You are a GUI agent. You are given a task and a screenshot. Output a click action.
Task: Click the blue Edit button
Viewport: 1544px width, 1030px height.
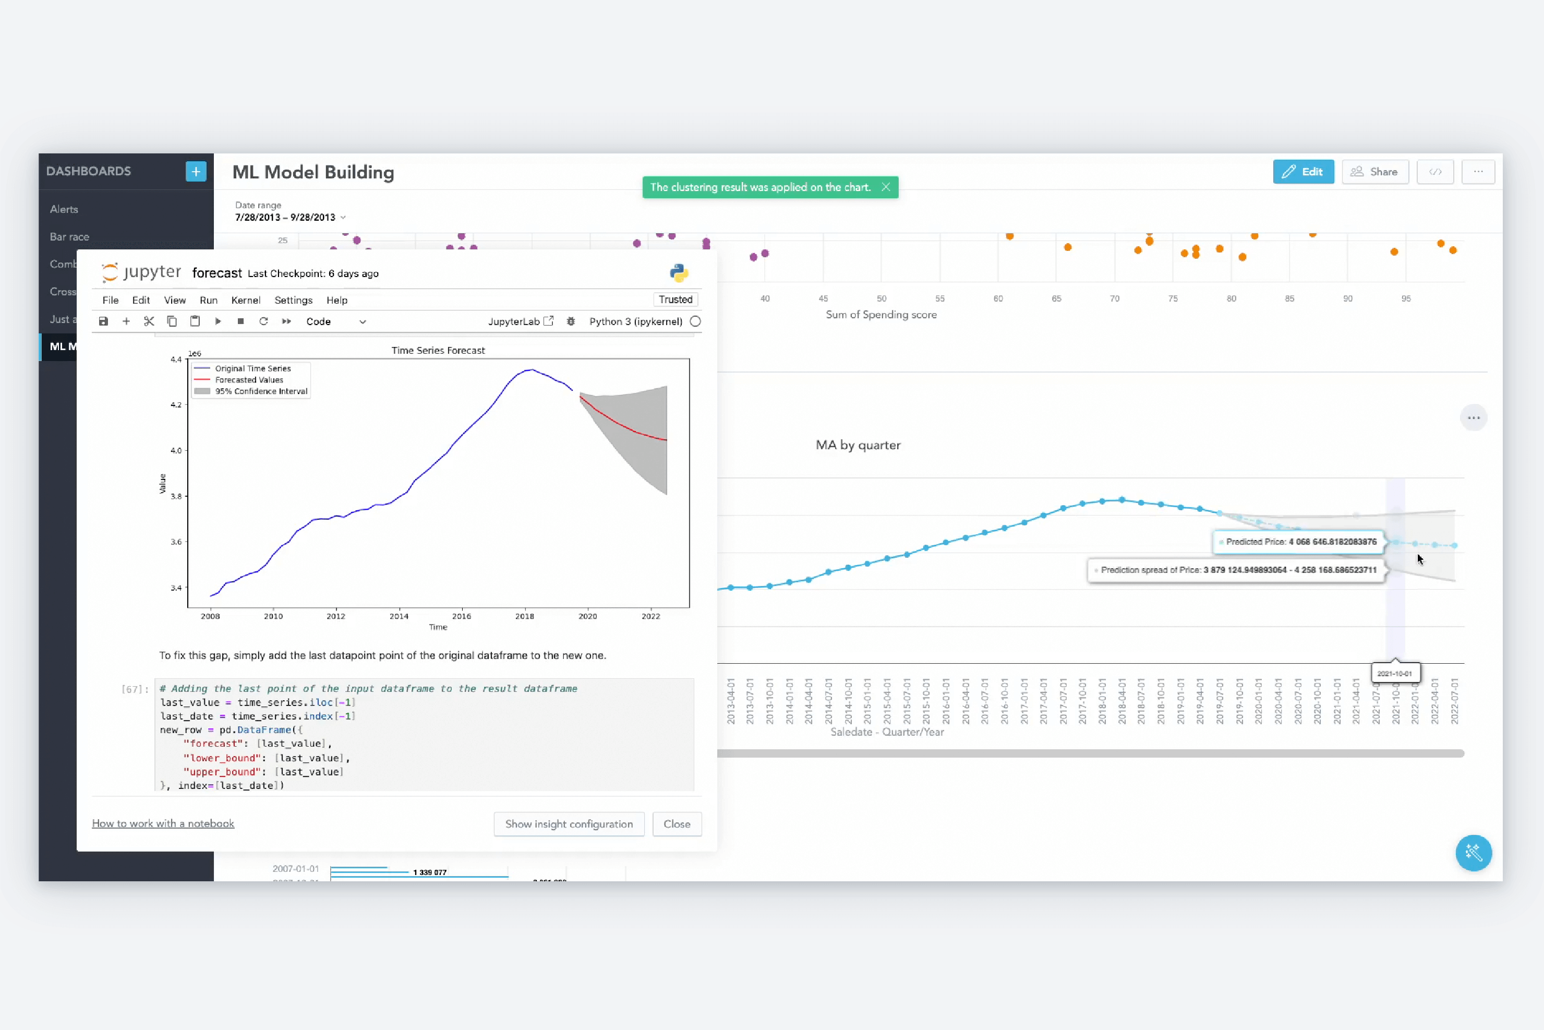[1303, 172]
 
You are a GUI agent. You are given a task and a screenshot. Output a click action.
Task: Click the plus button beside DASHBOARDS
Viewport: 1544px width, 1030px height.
[196, 172]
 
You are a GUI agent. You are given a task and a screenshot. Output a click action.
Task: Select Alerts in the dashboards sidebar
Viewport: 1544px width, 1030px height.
[64, 209]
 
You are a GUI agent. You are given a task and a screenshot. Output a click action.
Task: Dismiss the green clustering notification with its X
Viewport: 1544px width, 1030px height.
[885, 187]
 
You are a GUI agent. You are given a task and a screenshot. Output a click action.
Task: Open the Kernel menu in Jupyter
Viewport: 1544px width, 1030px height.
[246, 300]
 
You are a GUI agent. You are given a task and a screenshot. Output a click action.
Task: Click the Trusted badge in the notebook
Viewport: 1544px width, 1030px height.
[675, 300]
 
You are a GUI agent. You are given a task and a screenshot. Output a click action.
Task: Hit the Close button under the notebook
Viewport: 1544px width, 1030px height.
[677, 824]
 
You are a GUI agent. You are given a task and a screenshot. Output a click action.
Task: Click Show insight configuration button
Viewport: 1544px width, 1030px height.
[569, 824]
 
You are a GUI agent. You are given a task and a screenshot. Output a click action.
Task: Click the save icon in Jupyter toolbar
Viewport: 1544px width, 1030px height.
[103, 321]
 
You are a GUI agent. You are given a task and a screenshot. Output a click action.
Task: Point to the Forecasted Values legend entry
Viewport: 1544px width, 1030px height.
[249, 380]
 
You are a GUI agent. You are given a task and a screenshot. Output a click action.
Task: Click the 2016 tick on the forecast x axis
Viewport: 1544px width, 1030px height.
[461, 616]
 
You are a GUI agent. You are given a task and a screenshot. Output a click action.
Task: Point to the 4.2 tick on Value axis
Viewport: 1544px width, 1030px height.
[175, 405]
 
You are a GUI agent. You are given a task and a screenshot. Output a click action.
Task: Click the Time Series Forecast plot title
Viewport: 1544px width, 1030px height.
[438, 350]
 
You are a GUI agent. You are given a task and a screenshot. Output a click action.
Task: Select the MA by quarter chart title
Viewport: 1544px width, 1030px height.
[858, 445]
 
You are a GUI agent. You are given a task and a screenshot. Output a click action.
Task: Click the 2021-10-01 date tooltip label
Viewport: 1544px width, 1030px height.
[1394, 673]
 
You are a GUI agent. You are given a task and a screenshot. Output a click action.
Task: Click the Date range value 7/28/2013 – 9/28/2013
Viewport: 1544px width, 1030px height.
[286, 218]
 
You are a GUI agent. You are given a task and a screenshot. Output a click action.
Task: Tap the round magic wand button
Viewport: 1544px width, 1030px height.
[1473, 853]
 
